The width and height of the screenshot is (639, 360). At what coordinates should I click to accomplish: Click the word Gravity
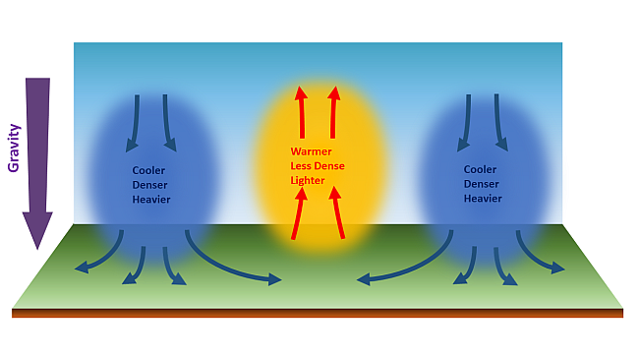15,149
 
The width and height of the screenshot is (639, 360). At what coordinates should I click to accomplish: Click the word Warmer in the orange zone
311,151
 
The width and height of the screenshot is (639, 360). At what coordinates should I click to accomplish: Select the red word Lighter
308,181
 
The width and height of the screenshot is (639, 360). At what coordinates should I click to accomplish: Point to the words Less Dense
318,166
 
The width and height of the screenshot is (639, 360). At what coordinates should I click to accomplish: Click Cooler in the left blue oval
148,170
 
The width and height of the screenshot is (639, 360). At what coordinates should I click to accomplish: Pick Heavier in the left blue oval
151,200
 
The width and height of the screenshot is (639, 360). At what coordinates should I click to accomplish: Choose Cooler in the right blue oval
480,170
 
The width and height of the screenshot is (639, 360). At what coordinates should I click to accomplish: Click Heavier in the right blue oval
483,200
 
